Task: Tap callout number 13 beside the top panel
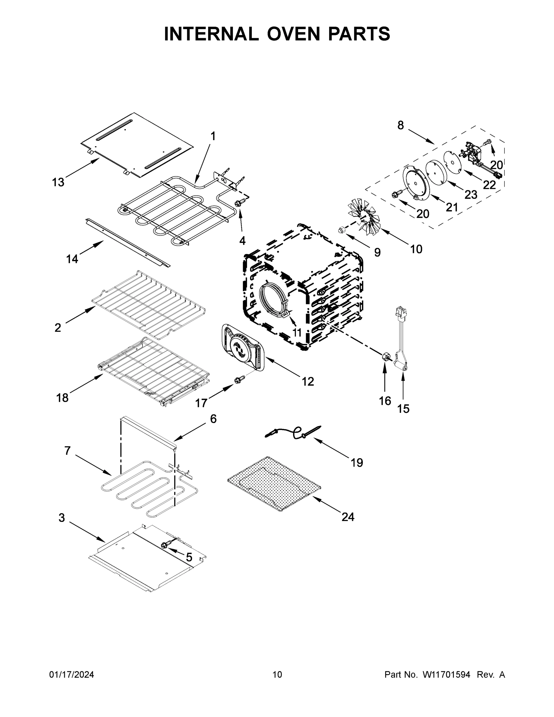58,182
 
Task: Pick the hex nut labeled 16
385,357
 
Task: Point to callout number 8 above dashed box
400,125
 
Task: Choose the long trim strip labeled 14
128,243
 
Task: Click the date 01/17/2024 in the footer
72,675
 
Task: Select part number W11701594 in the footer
446,675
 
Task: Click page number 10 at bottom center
277,675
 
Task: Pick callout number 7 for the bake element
67,451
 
